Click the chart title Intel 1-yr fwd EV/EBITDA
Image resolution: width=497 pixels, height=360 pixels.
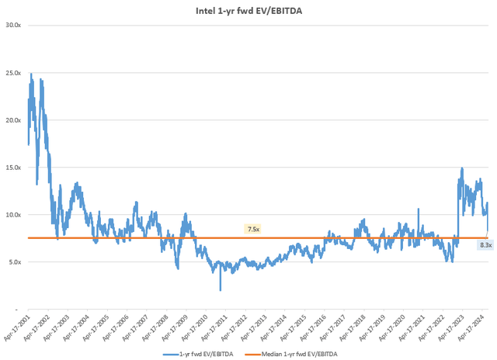coord(248,11)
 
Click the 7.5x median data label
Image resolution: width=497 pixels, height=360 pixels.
coord(253,230)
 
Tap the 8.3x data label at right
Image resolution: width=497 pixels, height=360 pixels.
coord(485,244)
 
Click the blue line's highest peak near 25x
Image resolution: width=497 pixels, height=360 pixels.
coord(31,74)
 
